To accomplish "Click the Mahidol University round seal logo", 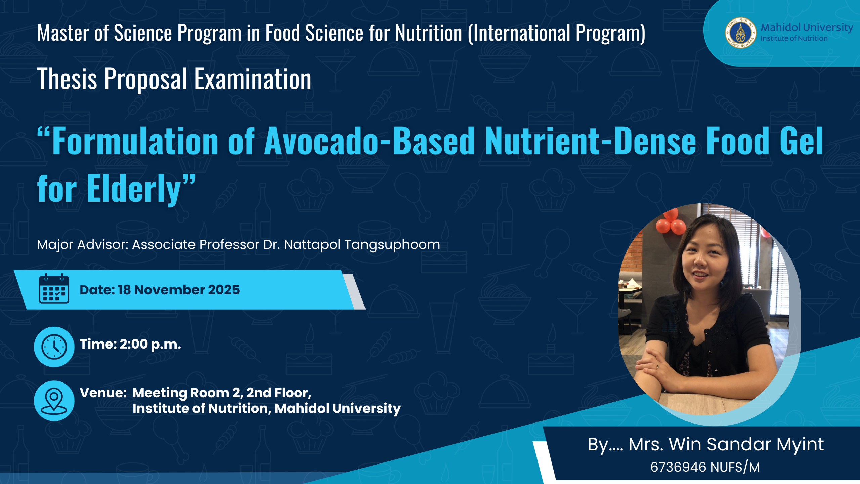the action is click(740, 33).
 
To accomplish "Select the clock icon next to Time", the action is click(54, 347).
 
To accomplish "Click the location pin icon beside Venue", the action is click(54, 401).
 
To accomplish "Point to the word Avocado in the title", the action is click(322, 141).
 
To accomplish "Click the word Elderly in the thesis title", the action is click(134, 189).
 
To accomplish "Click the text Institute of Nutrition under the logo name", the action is click(794, 39).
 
